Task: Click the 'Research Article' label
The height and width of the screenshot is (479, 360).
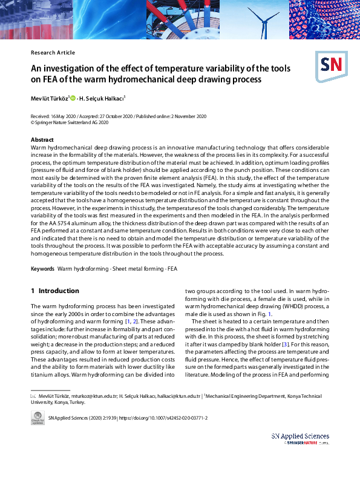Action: pos(53,53)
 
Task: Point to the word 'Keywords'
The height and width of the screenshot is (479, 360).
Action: pos(42,268)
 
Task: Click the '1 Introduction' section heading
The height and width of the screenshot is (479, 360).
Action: pos(54,291)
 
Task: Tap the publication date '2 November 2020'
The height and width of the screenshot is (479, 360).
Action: pos(187,116)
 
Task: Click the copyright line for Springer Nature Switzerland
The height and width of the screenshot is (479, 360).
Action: pos(70,122)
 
